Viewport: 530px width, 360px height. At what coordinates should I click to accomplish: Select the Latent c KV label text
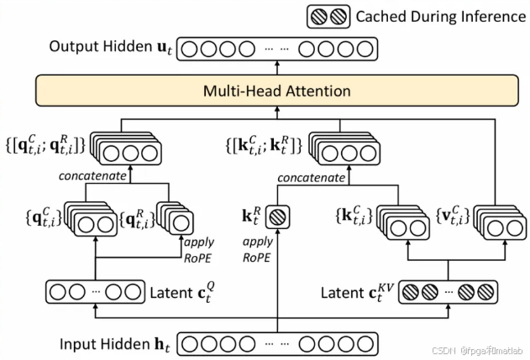[x=351, y=293]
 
